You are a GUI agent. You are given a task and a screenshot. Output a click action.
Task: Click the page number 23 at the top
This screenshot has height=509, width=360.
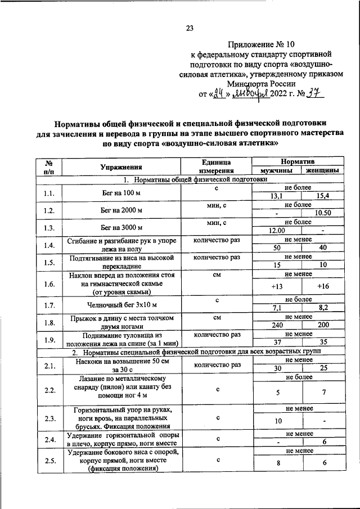[189, 29]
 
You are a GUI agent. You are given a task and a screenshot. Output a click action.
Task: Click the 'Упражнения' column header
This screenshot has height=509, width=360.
[121, 167]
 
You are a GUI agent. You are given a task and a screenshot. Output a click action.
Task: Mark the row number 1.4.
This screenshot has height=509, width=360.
[48, 245]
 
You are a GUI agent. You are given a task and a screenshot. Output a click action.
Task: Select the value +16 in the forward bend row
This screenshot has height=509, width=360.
[323, 286]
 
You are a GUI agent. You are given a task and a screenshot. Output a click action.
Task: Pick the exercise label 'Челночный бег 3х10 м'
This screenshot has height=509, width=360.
[121, 305]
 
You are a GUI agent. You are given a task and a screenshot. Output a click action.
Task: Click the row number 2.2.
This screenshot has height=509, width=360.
[48, 390]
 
